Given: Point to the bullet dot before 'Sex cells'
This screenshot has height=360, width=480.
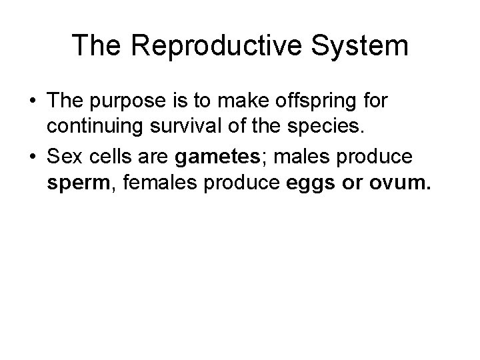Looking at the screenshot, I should pos(31,158).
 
